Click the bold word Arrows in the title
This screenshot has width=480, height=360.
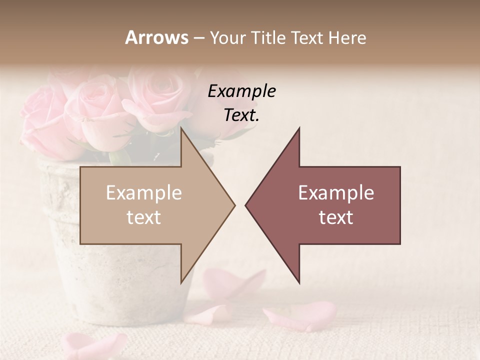pyautogui.click(x=156, y=37)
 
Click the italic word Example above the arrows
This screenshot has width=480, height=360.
pyautogui.click(x=241, y=91)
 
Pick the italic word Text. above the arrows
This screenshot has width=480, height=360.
pyautogui.click(x=241, y=115)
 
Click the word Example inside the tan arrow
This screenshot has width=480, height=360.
pyautogui.click(x=143, y=192)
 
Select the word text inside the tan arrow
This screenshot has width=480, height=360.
pyautogui.click(x=143, y=217)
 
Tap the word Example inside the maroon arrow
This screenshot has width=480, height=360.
pyautogui.click(x=336, y=192)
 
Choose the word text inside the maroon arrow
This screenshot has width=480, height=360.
pyautogui.click(x=336, y=217)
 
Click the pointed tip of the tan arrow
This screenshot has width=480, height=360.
pyautogui.click(x=234, y=205)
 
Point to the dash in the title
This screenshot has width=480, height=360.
pyautogui.click(x=198, y=38)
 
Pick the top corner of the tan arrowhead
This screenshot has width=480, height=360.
pyautogui.click(x=182, y=128)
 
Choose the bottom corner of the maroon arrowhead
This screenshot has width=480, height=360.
pyautogui.click(x=299, y=282)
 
